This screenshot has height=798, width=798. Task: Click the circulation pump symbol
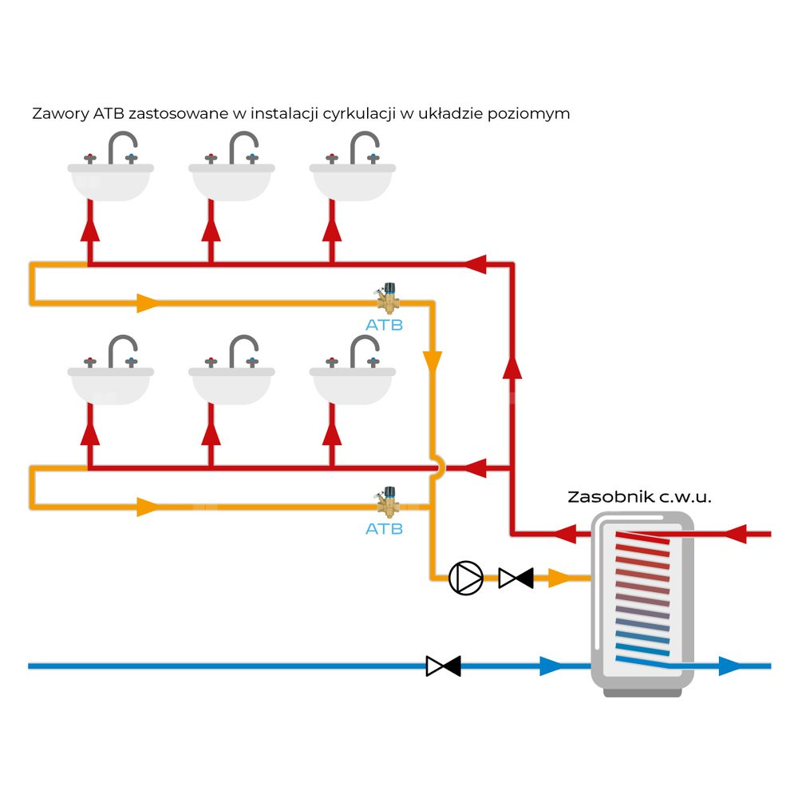466,578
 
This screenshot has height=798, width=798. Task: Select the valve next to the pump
516,578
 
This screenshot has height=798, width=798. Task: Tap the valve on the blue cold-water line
443,666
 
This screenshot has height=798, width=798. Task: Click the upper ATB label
384,325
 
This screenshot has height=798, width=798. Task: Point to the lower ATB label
384,528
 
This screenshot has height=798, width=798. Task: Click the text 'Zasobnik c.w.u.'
638,496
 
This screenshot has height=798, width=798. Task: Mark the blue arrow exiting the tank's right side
729,666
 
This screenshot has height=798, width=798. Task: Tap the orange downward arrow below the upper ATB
433,361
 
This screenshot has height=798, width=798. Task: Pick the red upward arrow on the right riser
512,367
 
